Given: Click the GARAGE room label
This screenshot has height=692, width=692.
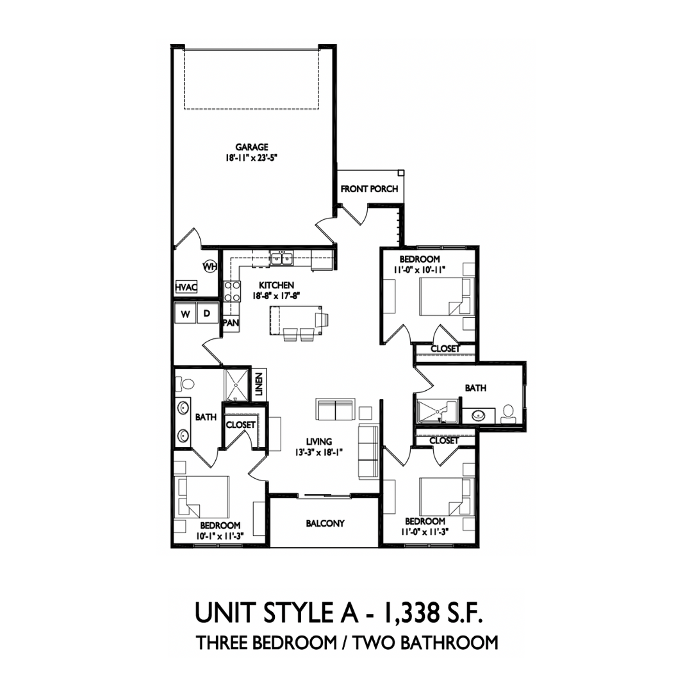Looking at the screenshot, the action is [x=252, y=147].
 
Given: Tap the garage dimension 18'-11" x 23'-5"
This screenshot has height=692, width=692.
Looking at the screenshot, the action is [x=252, y=158].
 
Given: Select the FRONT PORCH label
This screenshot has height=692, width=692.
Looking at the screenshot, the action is [x=370, y=189].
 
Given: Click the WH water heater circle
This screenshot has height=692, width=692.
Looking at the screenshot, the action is [x=210, y=266].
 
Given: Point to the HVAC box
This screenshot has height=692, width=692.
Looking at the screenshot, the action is [x=186, y=287].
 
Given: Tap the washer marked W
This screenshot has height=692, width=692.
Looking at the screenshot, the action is [x=185, y=314].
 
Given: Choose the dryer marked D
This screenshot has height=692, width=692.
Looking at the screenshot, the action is [x=207, y=314].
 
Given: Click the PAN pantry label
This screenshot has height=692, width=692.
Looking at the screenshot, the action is [x=231, y=322].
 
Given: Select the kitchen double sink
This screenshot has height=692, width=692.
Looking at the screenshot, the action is [x=281, y=258].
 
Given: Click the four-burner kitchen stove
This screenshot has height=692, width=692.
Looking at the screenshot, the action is [x=232, y=292].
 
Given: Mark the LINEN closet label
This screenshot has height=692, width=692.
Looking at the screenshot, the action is [x=259, y=384].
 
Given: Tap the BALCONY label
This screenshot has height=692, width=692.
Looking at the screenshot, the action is [x=325, y=523].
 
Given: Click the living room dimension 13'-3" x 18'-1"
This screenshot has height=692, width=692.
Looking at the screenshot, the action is [x=319, y=452].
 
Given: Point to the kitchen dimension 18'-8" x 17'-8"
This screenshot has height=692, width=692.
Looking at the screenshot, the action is [x=276, y=295].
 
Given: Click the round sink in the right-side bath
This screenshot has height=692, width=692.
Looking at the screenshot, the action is [x=478, y=415].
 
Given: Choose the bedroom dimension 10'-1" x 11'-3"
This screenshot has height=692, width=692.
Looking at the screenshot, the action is [x=220, y=536].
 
